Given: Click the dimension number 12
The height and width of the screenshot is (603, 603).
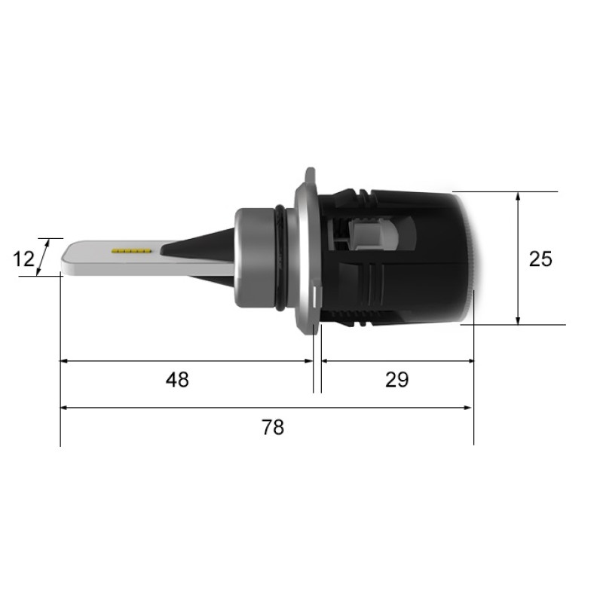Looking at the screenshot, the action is [24, 259].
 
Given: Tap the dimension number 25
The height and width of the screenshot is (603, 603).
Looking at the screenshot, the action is [540, 259].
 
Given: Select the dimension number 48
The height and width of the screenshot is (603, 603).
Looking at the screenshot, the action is [177, 380].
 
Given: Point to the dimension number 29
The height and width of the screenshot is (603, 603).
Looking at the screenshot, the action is [397, 380].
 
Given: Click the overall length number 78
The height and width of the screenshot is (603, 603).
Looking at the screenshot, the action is [273, 427].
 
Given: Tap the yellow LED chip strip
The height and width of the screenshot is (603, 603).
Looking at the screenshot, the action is [131, 251].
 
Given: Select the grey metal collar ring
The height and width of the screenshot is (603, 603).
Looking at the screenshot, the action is [254, 258].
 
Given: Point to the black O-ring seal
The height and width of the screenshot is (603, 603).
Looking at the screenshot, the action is [280, 258].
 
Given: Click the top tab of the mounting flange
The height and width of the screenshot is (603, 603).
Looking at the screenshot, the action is [310, 176].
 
